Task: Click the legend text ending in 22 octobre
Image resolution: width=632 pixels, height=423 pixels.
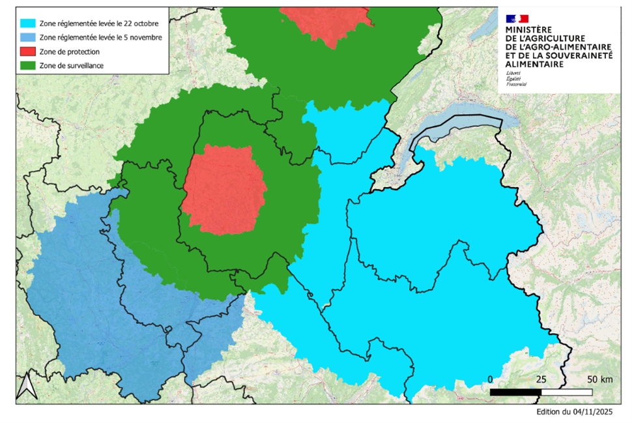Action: tap(94, 23)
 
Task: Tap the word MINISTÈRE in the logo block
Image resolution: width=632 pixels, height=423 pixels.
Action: tap(528, 30)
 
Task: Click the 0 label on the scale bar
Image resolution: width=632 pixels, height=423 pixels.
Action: tap(491, 379)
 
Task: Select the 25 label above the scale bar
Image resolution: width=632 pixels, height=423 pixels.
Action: tap(540, 379)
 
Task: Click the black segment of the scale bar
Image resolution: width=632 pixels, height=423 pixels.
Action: tap(515, 392)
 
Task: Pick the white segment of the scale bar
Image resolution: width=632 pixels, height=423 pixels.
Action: tap(566, 392)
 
